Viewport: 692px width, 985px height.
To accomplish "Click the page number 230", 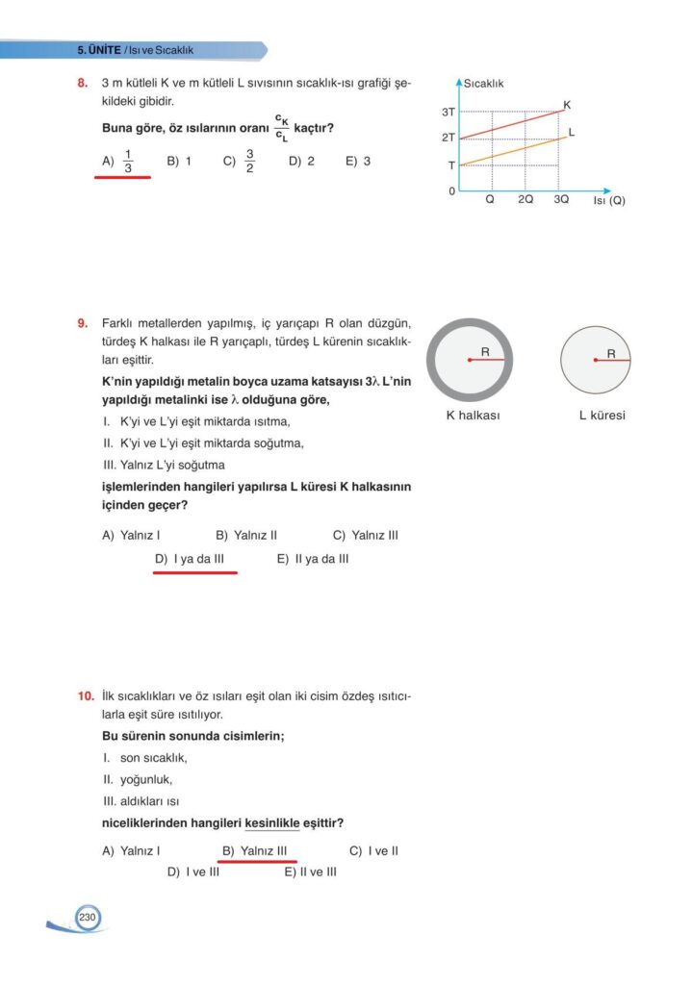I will [x=87, y=918].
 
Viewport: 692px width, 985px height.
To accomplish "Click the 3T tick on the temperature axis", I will [x=448, y=113].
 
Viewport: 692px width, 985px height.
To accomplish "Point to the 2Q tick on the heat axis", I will [x=525, y=200].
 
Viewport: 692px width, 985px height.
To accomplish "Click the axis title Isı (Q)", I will [x=608, y=200].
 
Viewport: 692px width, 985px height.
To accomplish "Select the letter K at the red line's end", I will [x=567, y=104].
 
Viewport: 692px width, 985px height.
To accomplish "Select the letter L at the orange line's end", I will [x=572, y=132].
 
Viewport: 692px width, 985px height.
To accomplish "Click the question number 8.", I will [x=83, y=84].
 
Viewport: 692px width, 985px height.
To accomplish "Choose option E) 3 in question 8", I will [x=357, y=162].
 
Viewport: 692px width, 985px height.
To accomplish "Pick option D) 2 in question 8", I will [x=301, y=162].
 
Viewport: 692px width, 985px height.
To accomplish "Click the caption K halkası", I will [x=473, y=416].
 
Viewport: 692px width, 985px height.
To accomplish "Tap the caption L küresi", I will [x=602, y=416].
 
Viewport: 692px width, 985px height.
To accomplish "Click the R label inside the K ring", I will [x=485, y=352].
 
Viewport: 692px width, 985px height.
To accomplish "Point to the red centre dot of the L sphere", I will [x=597, y=360].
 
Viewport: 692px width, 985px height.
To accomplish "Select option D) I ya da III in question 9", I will [x=195, y=558].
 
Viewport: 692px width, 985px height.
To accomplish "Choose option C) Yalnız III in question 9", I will [x=365, y=535].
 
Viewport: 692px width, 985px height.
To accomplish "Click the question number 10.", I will [x=85, y=695].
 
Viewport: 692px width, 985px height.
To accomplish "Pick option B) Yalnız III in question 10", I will [x=255, y=850].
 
